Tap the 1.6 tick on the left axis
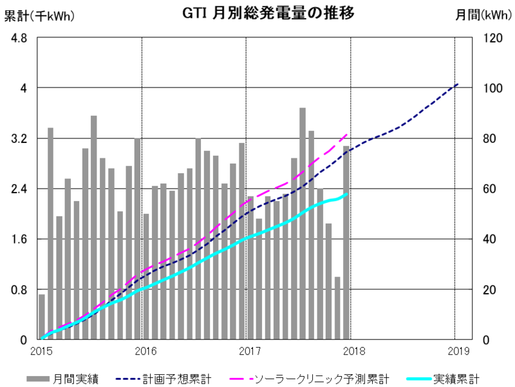click(x=19, y=239)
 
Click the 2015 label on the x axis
click(x=42, y=351)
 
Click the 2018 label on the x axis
click(x=351, y=351)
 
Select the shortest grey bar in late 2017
click(x=337, y=309)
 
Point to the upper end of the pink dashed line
click(x=348, y=134)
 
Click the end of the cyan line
click(x=348, y=194)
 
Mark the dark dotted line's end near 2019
click(x=458, y=84)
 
